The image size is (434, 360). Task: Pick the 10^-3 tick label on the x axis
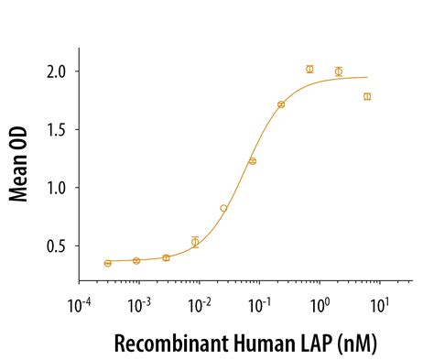click(139, 303)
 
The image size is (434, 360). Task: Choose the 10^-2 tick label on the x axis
click(199, 303)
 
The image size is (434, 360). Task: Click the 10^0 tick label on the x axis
click(320, 303)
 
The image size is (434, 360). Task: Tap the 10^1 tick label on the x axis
click(380, 303)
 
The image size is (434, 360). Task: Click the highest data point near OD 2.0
click(309, 69)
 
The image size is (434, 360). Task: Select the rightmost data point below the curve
click(367, 96)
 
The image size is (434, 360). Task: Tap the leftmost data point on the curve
click(108, 263)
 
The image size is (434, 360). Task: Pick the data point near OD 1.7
click(281, 104)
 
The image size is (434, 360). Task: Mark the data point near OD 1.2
click(253, 161)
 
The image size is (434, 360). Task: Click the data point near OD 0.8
click(223, 208)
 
